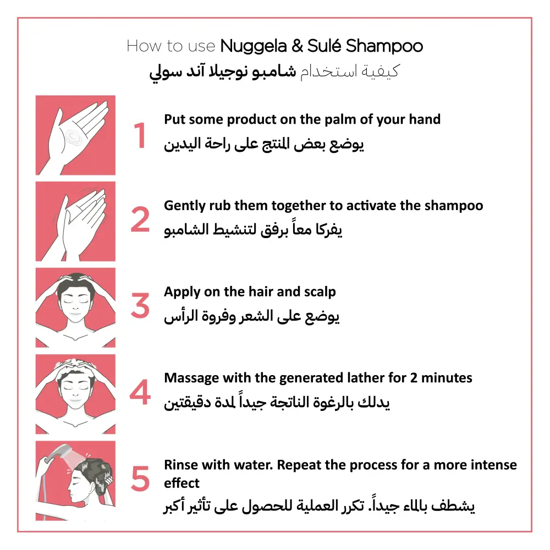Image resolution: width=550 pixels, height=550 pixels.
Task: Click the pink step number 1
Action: pyautogui.click(x=140, y=135)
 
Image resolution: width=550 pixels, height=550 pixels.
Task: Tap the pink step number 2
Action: pyautogui.click(x=140, y=219)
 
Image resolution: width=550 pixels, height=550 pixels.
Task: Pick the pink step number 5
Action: pyautogui.click(x=140, y=479)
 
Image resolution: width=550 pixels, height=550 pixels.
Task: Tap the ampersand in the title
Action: pyautogui.click(x=297, y=46)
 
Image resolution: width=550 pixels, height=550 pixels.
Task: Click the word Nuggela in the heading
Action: pyautogui.click(x=253, y=46)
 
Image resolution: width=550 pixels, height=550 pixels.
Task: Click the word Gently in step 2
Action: pyautogui.click(x=184, y=206)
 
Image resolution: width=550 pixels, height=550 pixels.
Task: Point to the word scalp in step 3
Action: pyautogui.click(x=320, y=292)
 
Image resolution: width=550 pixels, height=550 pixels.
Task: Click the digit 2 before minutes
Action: pyautogui.click(x=414, y=378)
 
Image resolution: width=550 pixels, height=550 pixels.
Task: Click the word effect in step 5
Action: pyautogui.click(x=182, y=483)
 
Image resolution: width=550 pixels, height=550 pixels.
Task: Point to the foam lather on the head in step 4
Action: pyautogui.click(x=75, y=365)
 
